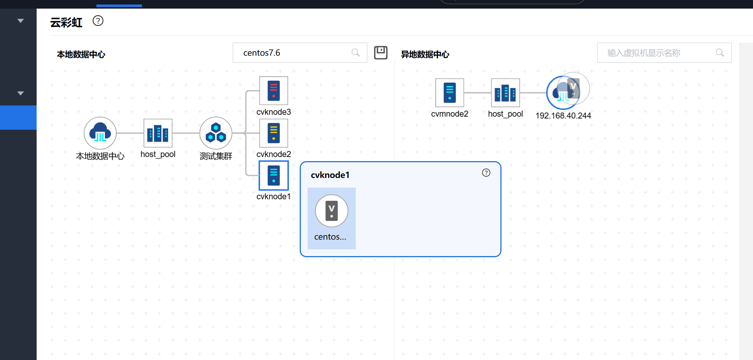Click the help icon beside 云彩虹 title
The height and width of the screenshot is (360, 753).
[x=98, y=21]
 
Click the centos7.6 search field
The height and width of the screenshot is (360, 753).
[x=291, y=53]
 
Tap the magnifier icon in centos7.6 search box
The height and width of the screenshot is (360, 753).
[x=355, y=53]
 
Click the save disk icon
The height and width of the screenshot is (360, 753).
[x=381, y=52]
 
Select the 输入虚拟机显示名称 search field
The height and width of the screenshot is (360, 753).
[x=658, y=53]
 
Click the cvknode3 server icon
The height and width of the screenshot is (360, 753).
[x=274, y=91]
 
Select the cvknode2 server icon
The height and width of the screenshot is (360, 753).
[x=274, y=133]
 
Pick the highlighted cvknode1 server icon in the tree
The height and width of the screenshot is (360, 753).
[x=274, y=175]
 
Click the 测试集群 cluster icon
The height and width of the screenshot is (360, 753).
[x=216, y=133]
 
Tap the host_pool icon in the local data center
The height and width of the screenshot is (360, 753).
[x=158, y=133]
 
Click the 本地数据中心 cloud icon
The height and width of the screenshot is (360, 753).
[x=100, y=133]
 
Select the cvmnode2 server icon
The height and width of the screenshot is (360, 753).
[x=450, y=93]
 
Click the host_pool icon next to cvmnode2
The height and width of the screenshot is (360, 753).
[x=505, y=93]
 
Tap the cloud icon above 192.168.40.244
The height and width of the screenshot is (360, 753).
[x=562, y=92]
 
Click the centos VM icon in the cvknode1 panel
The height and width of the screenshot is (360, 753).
[x=331, y=211]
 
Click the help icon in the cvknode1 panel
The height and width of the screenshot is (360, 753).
[x=486, y=173]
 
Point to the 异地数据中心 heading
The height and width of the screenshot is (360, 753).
[x=425, y=55]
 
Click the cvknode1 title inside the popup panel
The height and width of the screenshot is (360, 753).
[x=330, y=175]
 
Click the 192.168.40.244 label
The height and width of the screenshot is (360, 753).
[x=563, y=116]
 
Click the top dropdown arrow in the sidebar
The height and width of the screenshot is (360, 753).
[x=21, y=21]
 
